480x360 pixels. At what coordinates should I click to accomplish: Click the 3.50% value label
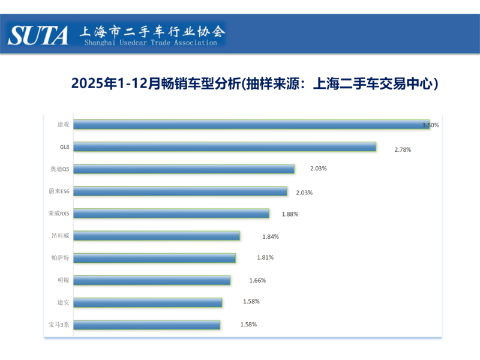coord(431,125)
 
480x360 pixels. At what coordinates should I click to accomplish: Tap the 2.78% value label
coord(403,149)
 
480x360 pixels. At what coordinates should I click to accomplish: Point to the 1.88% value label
coord(290,214)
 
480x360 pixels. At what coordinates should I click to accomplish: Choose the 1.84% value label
coord(271,236)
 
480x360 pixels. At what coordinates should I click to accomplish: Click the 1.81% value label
coord(265,257)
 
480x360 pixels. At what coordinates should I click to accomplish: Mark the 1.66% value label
coord(257,280)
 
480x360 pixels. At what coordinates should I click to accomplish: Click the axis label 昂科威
coord(60,235)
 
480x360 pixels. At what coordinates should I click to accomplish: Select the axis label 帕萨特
coord(60,257)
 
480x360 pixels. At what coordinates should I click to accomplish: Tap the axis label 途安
coord(62,302)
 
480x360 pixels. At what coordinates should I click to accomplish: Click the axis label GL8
coord(64,146)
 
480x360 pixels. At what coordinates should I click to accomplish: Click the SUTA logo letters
coord(38,35)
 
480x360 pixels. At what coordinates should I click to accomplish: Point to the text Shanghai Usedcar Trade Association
coord(151,43)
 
